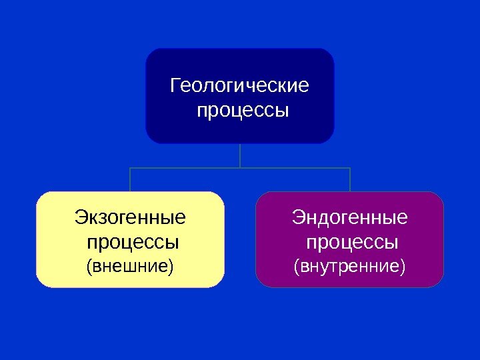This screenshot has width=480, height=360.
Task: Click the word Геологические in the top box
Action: point(240,87)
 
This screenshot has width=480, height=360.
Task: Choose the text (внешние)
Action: point(130,267)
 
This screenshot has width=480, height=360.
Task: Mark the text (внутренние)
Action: point(350,267)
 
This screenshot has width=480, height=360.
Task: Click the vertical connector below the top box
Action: point(240,155)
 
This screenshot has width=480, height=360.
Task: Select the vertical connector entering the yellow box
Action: point(130,180)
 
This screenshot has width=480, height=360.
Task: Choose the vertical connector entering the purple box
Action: point(350,180)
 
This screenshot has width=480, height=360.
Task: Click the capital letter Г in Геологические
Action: point(176,87)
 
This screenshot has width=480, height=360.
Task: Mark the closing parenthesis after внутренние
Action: point(403,267)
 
